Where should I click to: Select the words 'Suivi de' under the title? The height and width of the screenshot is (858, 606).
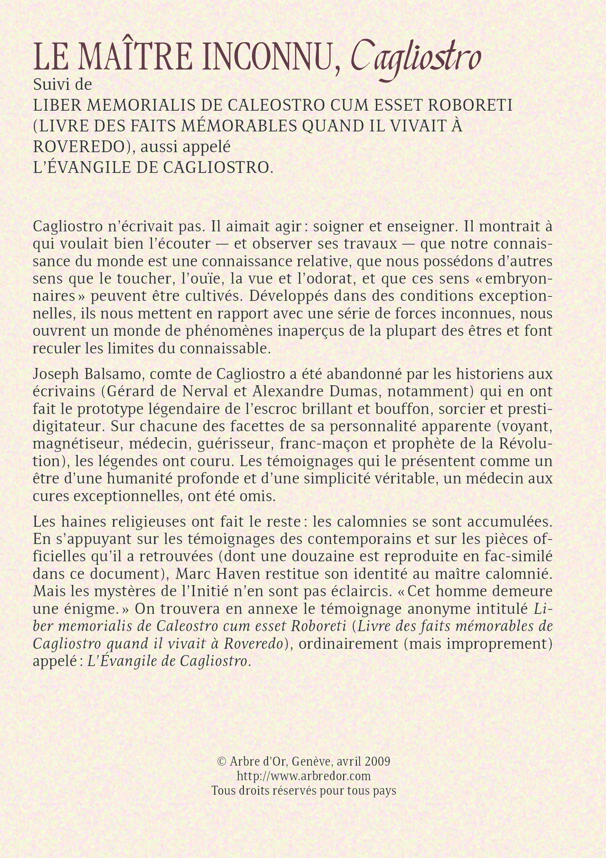click(x=62, y=84)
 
